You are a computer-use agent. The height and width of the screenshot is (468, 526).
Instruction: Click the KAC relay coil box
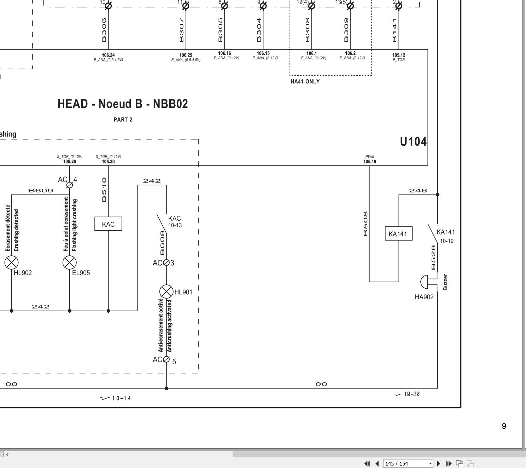(x=108, y=224)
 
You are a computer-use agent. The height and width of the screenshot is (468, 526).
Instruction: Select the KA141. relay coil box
(x=398, y=233)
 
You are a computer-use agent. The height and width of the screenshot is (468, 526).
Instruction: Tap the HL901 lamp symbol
(x=166, y=291)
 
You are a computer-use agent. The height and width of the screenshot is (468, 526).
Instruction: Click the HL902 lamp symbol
(x=11, y=262)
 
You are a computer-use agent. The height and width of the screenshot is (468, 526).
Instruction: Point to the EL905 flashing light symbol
(x=70, y=262)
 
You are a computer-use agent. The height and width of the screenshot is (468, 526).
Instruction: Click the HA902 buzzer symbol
(x=426, y=282)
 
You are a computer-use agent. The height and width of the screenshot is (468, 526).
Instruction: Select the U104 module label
(x=413, y=141)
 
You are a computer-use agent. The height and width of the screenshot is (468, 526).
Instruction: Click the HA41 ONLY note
(x=305, y=82)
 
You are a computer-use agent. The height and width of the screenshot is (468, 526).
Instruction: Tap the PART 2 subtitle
(x=123, y=120)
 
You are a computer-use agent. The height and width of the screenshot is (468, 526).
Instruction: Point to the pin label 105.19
(x=370, y=162)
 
